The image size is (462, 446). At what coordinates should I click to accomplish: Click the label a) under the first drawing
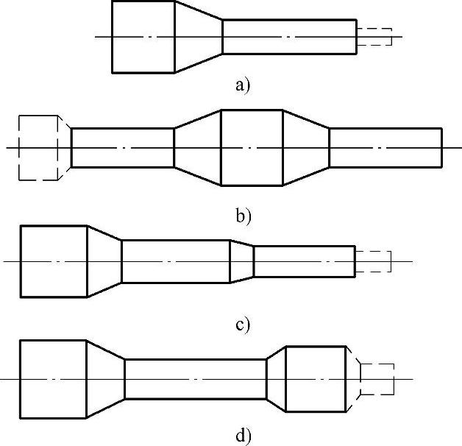tap(243, 85)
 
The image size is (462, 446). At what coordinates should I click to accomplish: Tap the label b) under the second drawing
tap(244, 216)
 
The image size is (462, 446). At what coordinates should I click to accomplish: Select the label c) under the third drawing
tap(244, 325)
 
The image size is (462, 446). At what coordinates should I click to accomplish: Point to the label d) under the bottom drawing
tap(244, 436)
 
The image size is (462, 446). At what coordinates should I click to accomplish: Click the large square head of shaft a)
tap(143, 37)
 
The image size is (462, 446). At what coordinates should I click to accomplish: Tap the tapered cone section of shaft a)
tap(198, 37)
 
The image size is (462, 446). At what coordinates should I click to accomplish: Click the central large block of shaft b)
tap(252, 148)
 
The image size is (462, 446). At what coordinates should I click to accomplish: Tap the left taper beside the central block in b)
tap(197, 148)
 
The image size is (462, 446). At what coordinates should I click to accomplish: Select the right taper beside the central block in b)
tap(306, 148)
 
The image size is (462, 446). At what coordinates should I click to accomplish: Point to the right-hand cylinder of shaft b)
tap(385, 148)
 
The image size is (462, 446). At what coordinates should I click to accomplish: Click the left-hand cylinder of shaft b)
tap(122, 148)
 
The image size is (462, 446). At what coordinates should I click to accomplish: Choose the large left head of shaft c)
tap(54, 261)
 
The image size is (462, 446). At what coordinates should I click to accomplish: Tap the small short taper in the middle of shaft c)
tap(242, 261)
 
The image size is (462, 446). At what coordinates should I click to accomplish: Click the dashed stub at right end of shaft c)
tap(373, 261)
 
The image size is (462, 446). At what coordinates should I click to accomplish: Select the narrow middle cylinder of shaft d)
tap(195, 378)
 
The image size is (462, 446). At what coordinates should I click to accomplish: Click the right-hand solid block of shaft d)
tap(315, 378)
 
